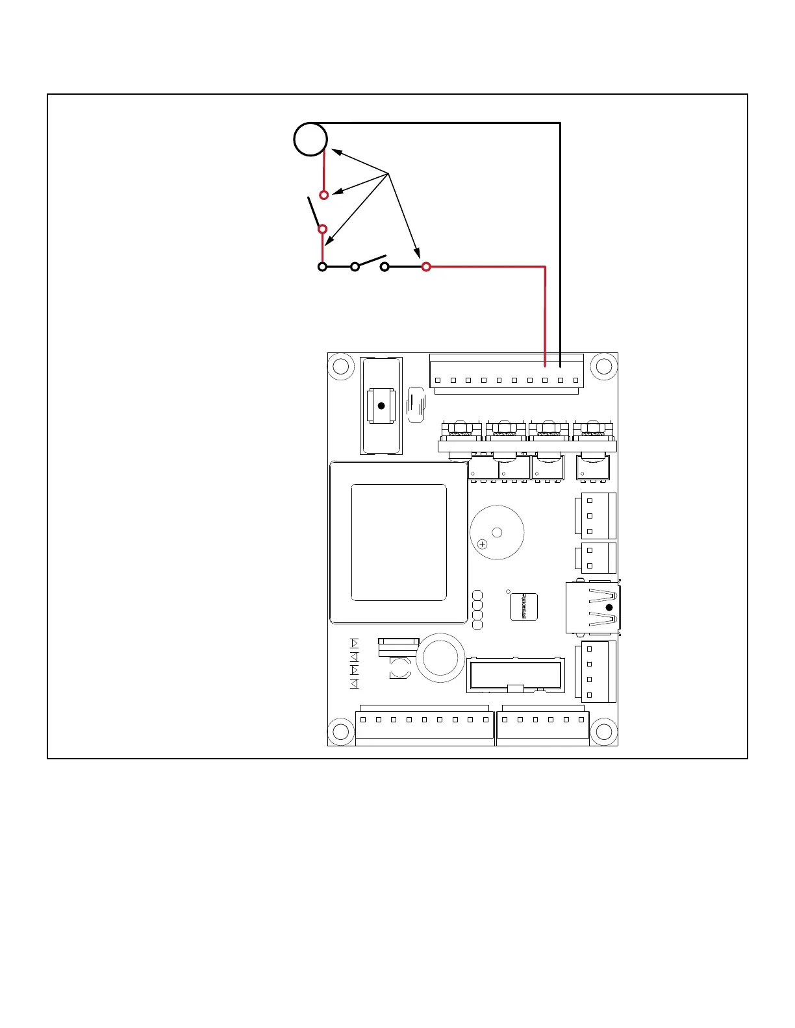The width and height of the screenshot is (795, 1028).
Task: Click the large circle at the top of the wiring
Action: pyautogui.click(x=310, y=139)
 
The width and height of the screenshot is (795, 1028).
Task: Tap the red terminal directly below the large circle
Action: pyautogui.click(x=324, y=195)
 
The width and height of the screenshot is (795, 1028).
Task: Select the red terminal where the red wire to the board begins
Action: pyautogui.click(x=426, y=267)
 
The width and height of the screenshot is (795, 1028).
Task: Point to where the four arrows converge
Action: pyautogui.click(x=388, y=173)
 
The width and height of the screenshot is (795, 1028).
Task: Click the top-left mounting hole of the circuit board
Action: pyautogui.click(x=342, y=367)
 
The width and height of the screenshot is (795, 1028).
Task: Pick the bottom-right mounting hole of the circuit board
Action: pyautogui.click(x=603, y=731)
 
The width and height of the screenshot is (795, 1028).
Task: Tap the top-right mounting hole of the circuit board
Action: pyautogui.click(x=603, y=367)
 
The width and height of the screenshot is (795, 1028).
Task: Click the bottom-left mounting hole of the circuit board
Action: pyautogui.click(x=342, y=731)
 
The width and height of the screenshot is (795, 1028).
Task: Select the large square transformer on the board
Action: pyautogui.click(x=398, y=543)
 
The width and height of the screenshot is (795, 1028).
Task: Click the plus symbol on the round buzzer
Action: pyautogui.click(x=482, y=545)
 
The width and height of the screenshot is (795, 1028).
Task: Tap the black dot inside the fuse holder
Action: pyautogui.click(x=381, y=406)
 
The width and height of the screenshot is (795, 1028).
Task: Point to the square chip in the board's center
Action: pyautogui.click(x=524, y=607)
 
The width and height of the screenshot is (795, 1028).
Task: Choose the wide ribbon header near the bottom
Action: pyautogui.click(x=515, y=675)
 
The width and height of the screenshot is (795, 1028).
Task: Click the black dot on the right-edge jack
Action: pyautogui.click(x=609, y=607)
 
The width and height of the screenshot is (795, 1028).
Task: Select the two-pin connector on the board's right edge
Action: pyautogui.click(x=595, y=558)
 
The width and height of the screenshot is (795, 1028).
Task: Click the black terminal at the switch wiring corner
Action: pyautogui.click(x=322, y=267)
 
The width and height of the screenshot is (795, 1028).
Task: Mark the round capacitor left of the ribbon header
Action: pyautogui.click(x=440, y=658)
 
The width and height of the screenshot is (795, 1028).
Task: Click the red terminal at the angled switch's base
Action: pyautogui.click(x=322, y=229)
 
